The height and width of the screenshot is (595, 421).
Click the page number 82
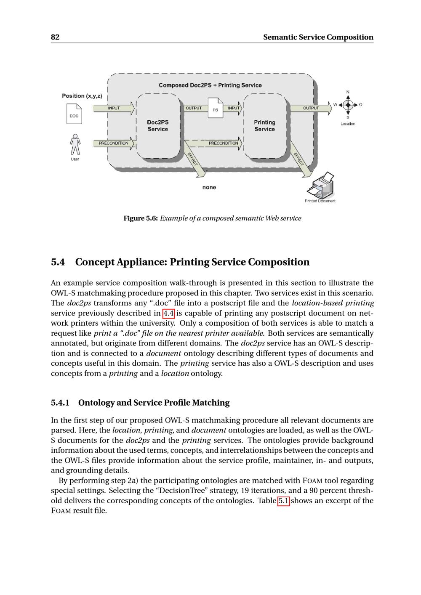(55, 37)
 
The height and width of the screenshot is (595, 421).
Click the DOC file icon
(74, 114)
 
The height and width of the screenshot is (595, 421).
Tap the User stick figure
(75, 145)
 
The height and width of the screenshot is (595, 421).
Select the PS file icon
(215, 108)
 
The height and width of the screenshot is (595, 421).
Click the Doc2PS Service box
(157, 126)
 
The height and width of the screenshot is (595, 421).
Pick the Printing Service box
(264, 126)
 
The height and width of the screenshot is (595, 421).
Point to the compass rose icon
(348, 104)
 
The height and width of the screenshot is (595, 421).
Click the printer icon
(322, 185)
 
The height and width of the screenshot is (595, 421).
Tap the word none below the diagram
(209, 187)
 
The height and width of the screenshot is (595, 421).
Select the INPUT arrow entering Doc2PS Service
(114, 108)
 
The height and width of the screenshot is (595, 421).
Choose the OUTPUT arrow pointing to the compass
(311, 108)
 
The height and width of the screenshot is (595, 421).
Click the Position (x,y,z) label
(82, 96)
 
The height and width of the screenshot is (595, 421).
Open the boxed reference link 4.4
(168, 313)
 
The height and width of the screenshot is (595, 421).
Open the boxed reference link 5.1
(283, 501)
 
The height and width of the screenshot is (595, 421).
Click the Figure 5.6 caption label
(140, 218)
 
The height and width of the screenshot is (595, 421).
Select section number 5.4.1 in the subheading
(60, 403)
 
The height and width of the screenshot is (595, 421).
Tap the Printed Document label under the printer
(320, 201)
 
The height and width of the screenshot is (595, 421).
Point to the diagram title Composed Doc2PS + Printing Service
(210, 85)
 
